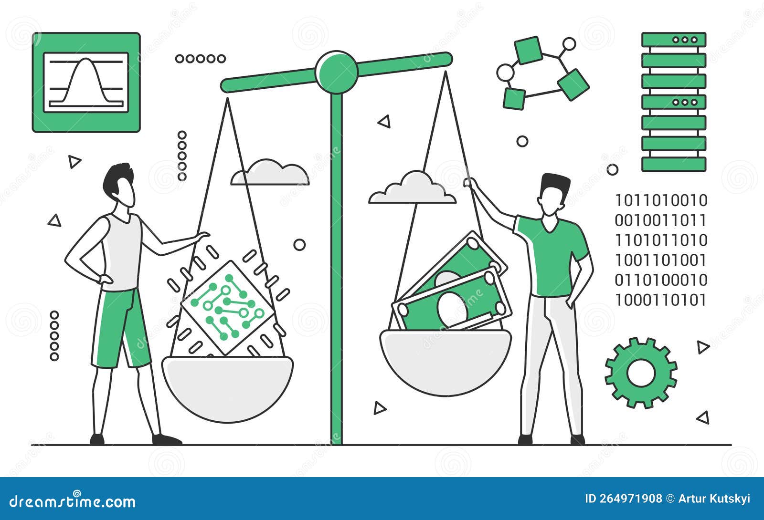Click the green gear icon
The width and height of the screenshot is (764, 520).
coord(641,373)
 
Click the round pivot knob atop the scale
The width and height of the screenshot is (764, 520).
coord(337,72)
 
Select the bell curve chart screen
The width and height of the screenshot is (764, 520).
coord(86,82)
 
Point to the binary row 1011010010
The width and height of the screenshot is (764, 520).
coord(661,200)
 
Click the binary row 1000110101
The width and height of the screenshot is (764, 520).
coord(660,301)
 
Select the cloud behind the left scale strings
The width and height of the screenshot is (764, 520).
coord(270,173)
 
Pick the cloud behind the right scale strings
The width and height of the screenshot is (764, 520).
coord(412,188)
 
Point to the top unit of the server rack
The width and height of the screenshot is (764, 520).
coord(673,40)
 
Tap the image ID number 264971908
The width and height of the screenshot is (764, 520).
coord(633,499)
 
